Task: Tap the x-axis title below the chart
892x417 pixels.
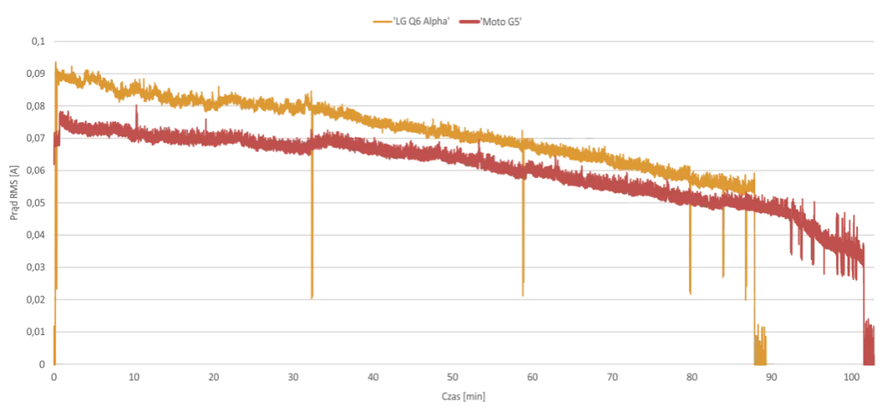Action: [x=462, y=399]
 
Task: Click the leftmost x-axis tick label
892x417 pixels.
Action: [x=56, y=379]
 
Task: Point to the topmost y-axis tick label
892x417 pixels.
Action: [x=38, y=41]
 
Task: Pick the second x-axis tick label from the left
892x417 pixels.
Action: [x=135, y=379]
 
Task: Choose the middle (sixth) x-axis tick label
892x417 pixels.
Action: [x=455, y=379]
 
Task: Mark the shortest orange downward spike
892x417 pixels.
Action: [x=722, y=253]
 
